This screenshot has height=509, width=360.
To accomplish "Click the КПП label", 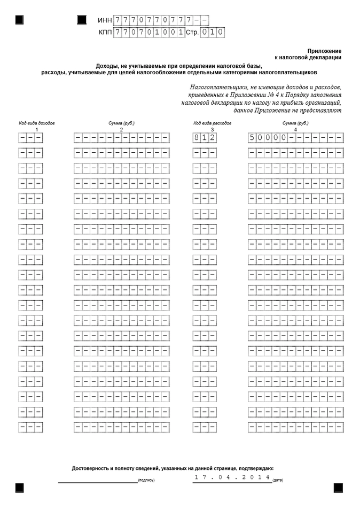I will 105,33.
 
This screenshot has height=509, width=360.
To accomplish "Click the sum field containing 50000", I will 295,137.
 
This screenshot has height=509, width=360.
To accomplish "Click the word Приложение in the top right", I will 325,50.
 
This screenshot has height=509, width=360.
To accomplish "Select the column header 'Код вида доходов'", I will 36,123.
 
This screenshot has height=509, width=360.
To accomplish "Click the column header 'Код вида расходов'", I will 212,123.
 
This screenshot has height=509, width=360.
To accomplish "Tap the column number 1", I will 36,130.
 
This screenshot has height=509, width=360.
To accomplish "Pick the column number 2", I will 121,130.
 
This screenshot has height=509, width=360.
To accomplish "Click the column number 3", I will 212,130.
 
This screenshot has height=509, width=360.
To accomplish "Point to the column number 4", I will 295,130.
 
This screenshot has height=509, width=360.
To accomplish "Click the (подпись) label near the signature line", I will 146,480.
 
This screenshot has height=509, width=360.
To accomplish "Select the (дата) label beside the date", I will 278,480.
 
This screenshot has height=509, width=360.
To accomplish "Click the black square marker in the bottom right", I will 338,488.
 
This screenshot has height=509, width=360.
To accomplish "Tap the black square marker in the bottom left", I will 20,488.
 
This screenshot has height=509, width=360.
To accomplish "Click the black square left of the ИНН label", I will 82,20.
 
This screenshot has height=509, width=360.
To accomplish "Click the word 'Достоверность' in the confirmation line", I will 90,468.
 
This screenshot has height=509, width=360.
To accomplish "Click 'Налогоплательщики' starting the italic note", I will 213,87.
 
